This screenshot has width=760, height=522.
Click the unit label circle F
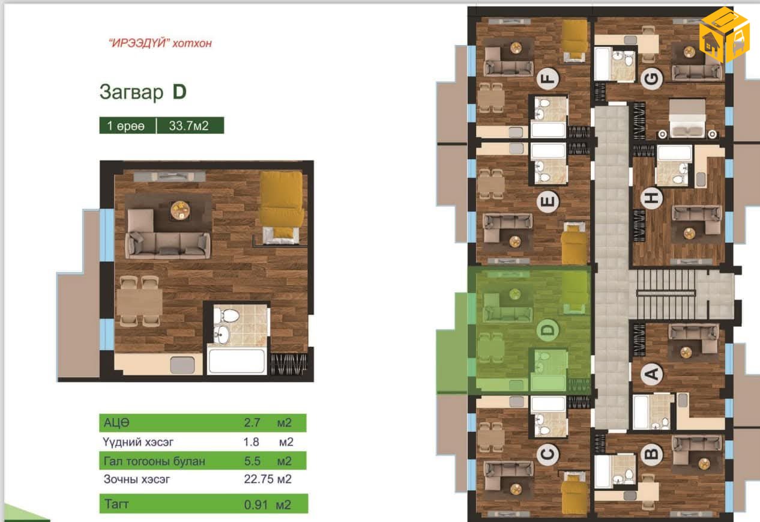click(548, 79)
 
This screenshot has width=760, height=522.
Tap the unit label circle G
click(651, 79)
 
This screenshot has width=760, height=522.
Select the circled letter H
click(651, 198)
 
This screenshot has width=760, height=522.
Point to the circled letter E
click(547, 202)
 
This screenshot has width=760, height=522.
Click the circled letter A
click(651, 374)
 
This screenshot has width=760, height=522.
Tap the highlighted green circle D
click(547, 330)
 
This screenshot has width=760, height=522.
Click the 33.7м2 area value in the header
click(188, 126)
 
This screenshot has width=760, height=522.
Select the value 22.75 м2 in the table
click(268, 479)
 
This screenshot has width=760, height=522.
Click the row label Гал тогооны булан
click(154, 461)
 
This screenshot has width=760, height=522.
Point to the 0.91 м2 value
click(268, 505)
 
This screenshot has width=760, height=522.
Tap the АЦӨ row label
click(116, 422)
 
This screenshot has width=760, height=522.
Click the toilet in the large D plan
click(226, 315)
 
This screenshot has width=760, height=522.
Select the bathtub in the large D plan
click(237, 361)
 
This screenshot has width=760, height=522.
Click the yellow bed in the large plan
click(282, 207)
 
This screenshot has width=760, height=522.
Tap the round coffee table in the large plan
click(180, 210)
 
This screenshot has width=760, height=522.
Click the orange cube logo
click(724, 34)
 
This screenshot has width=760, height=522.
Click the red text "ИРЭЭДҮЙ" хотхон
click(160, 43)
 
